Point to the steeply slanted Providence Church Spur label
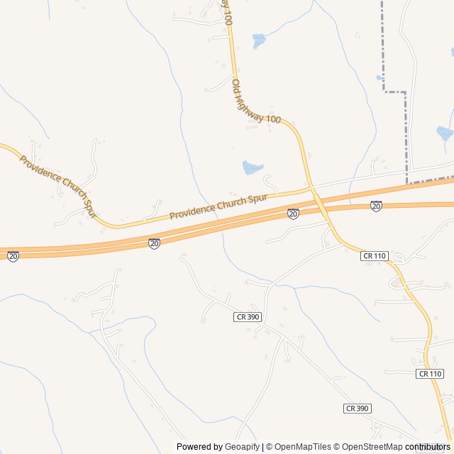click(57, 185)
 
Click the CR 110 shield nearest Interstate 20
click(374, 255)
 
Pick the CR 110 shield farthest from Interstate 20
click(430, 373)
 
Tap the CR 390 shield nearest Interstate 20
click(247, 317)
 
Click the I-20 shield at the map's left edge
click(13, 256)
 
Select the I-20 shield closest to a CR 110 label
click(376, 206)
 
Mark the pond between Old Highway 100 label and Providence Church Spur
click(252, 167)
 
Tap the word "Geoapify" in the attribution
click(242, 447)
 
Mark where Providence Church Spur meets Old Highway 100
click(310, 189)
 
